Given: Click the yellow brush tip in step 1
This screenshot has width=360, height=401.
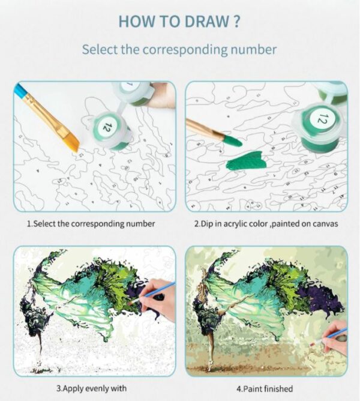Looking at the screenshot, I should pyautogui.click(x=72, y=143).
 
